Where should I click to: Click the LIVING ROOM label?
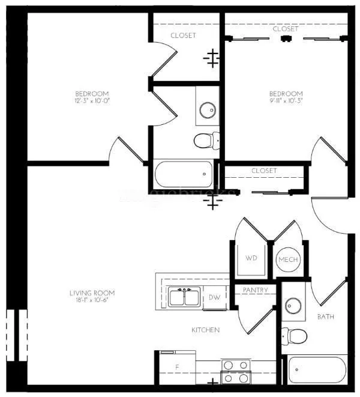point(92,293)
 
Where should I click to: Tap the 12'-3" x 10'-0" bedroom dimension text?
point(92,101)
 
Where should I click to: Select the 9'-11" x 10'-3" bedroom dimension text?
point(286,101)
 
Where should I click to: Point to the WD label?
point(251,258)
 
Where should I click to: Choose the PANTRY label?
point(255,290)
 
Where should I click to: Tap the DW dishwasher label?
point(214,297)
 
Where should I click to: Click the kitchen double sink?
point(184,297)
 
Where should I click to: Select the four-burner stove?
point(235,371)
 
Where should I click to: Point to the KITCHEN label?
point(205,330)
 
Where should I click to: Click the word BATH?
point(326,317)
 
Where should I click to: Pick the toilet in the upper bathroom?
point(206,141)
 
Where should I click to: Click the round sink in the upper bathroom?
point(208,110)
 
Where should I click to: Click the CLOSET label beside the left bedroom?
point(183,35)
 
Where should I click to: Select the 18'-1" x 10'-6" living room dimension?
point(92,302)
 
